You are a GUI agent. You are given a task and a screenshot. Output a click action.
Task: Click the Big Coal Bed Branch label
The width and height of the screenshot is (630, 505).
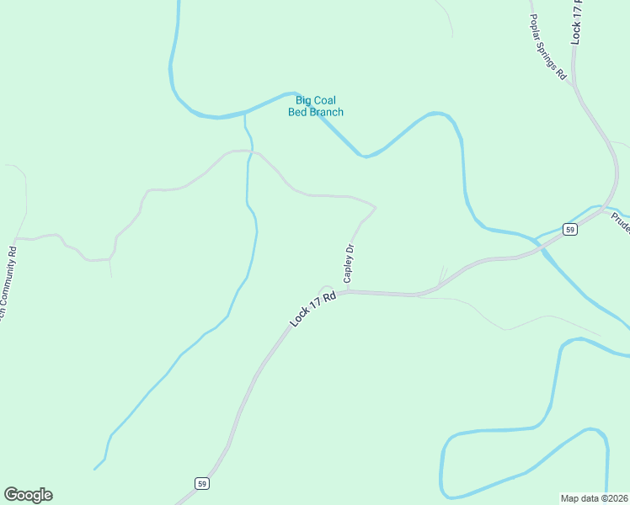[316, 106]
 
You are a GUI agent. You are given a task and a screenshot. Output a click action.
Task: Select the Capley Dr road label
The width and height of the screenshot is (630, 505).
[348, 263]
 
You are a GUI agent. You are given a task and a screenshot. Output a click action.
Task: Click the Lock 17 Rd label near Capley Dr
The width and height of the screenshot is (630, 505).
[312, 309]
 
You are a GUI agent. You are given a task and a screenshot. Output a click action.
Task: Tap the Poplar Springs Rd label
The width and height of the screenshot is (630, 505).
[548, 46]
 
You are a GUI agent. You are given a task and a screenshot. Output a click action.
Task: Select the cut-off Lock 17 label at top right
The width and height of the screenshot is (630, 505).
[577, 22]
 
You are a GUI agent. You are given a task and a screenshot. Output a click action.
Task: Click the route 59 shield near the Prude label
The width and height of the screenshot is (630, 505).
[570, 230]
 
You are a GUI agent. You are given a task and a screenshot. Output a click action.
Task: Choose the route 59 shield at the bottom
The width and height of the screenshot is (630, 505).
[201, 483]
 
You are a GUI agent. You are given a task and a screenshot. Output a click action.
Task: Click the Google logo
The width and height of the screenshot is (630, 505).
[28, 495]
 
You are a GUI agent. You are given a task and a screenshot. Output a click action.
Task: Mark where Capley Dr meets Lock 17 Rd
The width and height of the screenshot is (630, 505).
[348, 291]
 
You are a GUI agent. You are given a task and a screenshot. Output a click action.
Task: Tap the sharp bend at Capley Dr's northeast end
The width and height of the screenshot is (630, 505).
[375, 207]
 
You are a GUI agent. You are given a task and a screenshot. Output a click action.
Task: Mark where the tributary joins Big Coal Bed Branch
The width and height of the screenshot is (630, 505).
[245, 112]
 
